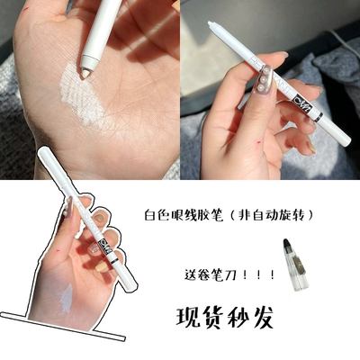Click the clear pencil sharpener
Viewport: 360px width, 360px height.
tap(292, 265)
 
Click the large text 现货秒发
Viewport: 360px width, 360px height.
tap(225, 318)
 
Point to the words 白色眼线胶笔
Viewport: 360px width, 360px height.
tap(184, 215)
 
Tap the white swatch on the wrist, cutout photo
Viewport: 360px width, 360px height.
tap(67, 298)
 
